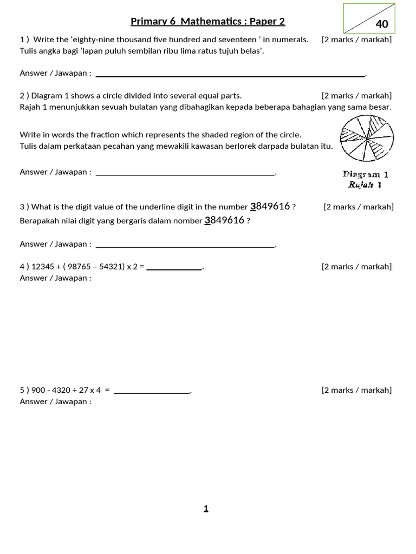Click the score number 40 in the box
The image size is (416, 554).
point(382,24)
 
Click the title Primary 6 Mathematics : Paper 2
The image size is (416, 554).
point(207,22)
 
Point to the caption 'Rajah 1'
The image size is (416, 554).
point(365,185)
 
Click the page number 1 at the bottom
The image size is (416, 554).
point(206,509)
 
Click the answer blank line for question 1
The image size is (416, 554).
point(230,75)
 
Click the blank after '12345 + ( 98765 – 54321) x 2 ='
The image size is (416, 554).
point(174,268)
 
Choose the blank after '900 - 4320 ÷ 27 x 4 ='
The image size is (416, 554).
point(152,392)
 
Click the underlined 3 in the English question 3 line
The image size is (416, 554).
point(252,207)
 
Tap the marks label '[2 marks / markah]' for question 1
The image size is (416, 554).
point(356,39)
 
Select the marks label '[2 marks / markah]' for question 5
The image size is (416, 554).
point(356,390)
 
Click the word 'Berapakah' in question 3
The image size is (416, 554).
point(38,221)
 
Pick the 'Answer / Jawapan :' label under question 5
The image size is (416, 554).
point(55,401)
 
